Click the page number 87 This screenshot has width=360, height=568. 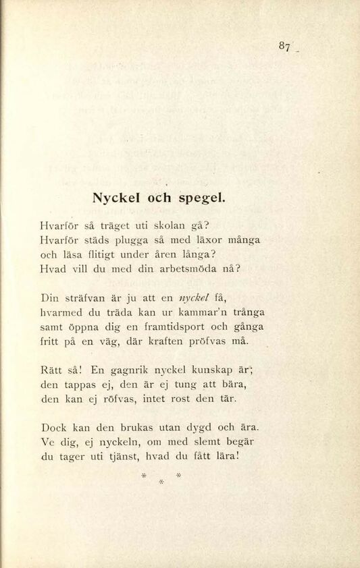tap(284, 47)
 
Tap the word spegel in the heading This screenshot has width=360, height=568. tap(202, 200)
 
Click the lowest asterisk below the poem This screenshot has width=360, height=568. tap(161, 482)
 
